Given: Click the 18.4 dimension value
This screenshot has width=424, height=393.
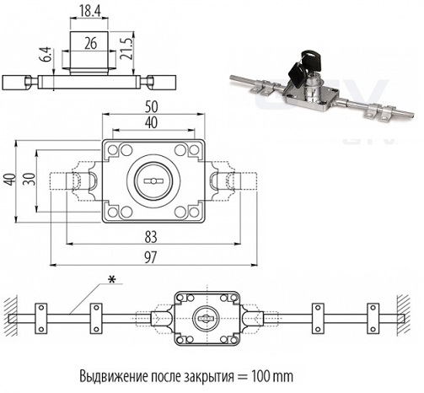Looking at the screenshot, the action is pos(89,11).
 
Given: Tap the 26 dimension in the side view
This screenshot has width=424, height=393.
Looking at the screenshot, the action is pos(90,43).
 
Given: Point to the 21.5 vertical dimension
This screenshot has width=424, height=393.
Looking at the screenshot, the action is pos(126,48).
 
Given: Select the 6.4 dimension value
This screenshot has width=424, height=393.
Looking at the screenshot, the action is pos(47,54).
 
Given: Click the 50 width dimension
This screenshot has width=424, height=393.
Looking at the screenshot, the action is pos(152,107).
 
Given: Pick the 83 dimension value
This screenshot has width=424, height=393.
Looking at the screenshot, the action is pos(151,237).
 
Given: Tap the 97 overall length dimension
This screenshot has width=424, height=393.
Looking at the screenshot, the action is pos(150,258).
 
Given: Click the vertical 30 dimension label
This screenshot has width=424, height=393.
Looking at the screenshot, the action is pos(30,179).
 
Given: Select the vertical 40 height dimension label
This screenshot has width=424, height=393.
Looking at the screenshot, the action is pos(10,179).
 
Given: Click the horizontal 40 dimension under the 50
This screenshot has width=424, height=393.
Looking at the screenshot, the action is pos(152,123).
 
